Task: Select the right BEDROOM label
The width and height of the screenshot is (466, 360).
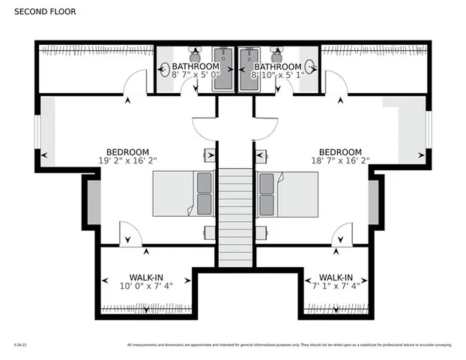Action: (x=340, y=151)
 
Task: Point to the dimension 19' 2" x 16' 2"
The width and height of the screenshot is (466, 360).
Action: (x=127, y=160)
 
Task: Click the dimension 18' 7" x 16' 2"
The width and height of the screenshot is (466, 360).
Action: (x=340, y=160)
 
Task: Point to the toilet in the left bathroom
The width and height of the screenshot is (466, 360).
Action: (x=195, y=55)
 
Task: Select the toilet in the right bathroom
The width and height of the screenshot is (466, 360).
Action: (x=275, y=55)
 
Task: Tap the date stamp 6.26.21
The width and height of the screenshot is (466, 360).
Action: (x=20, y=345)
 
